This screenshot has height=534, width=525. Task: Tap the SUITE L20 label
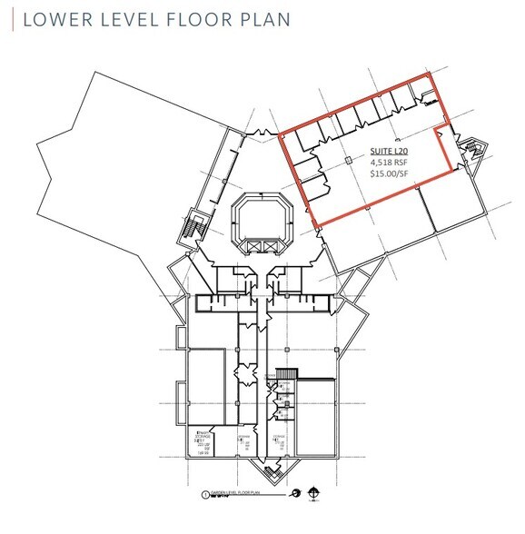coord(388,152)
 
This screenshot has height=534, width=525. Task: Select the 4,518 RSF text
coord(388,164)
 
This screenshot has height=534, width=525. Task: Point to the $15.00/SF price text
coord(388,177)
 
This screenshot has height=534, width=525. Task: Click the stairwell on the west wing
coord(193,224)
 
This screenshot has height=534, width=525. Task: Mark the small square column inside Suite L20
coord(350,161)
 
